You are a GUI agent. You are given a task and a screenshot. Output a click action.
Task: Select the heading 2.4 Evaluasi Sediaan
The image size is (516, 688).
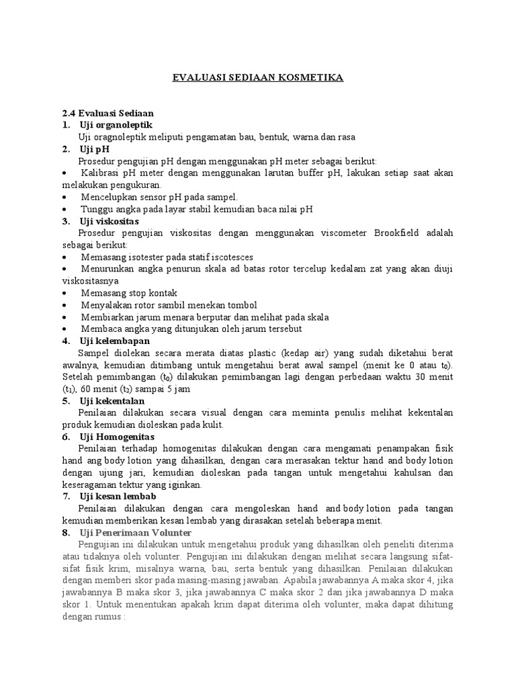108,113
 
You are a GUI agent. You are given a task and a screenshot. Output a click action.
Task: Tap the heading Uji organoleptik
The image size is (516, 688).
116,125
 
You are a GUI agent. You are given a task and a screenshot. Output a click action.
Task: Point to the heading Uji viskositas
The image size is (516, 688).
109,221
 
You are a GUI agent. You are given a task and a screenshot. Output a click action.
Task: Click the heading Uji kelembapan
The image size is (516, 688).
114,341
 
